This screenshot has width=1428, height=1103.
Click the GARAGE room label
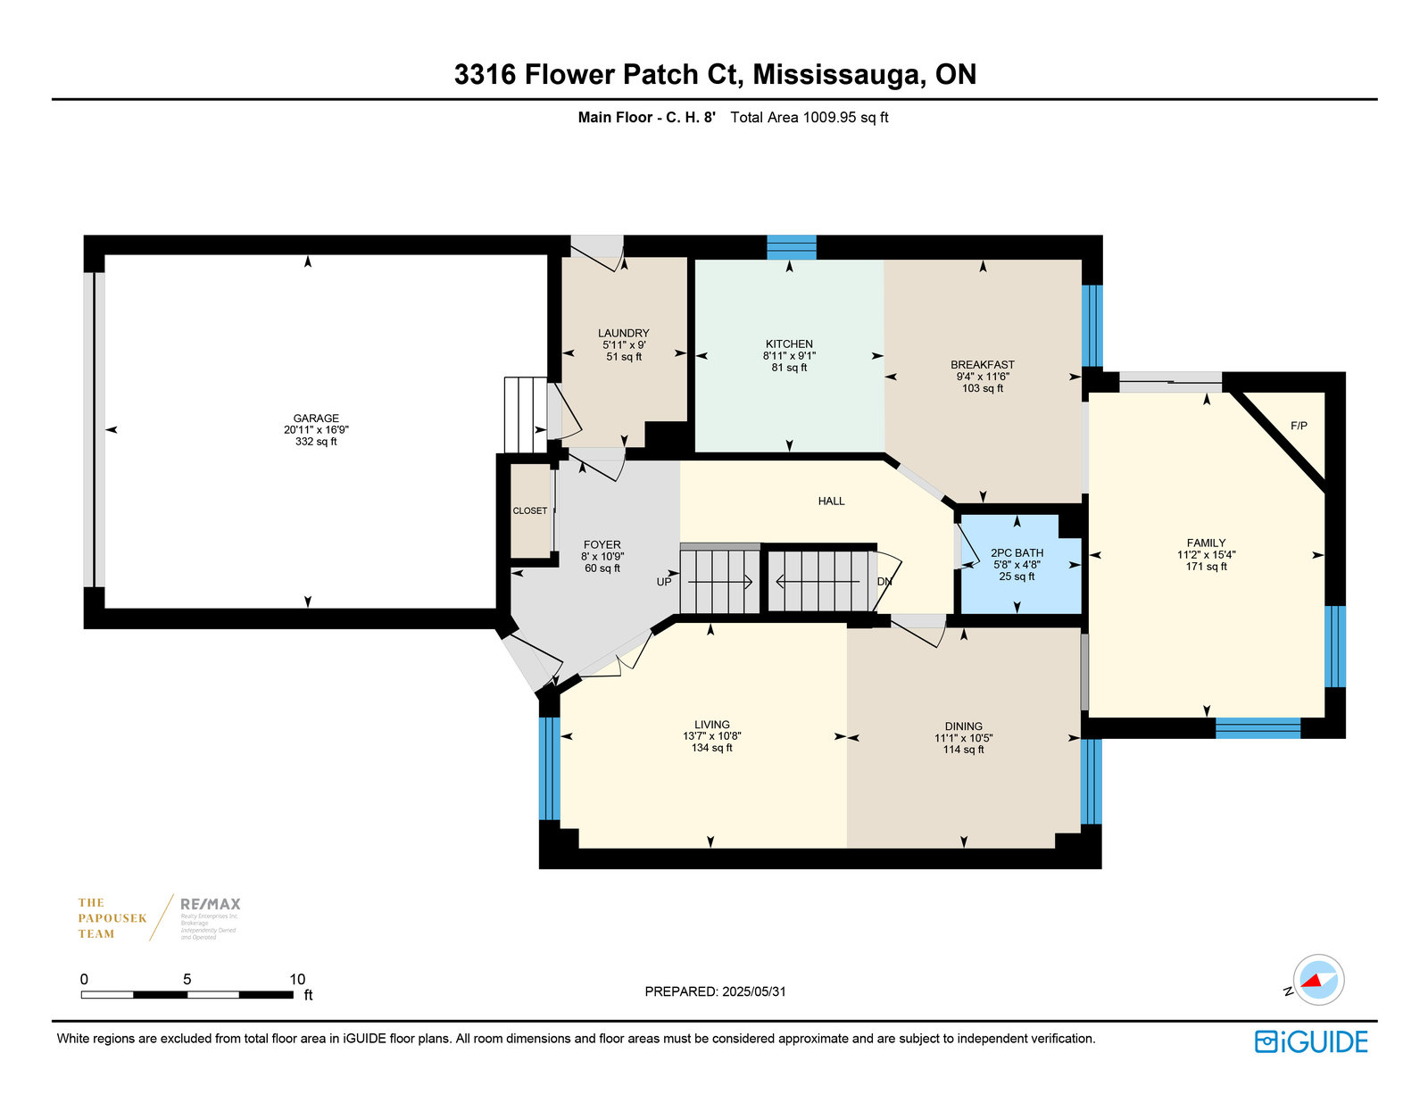click(x=316, y=418)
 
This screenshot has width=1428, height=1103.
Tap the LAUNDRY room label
click(x=624, y=333)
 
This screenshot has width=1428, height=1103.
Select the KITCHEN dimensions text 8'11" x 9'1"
click(x=789, y=355)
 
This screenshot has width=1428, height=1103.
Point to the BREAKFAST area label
click(x=983, y=364)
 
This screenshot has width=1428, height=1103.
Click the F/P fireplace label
click(x=1299, y=426)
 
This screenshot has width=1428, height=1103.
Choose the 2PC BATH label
click(x=1017, y=553)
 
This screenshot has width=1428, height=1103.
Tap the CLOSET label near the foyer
click(x=530, y=510)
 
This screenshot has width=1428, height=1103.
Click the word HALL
click(x=831, y=502)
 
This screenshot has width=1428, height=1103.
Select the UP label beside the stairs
click(x=664, y=582)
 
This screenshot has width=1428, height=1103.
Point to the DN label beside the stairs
click(x=884, y=582)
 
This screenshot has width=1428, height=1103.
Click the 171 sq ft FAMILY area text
click(x=1206, y=567)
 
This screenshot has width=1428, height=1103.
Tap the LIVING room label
click(x=712, y=725)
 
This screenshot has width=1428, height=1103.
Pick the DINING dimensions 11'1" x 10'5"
click(x=964, y=738)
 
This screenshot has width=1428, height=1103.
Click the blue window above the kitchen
click(x=792, y=246)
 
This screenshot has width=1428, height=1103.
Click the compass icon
click(x=1318, y=980)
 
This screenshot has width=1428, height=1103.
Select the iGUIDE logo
click(x=1311, y=1041)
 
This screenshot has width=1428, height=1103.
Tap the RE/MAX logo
click(x=211, y=904)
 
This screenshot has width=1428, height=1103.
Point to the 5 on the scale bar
click(x=187, y=979)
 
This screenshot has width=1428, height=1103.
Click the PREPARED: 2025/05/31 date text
click(x=715, y=991)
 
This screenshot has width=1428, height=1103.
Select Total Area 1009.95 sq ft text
click(x=809, y=117)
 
